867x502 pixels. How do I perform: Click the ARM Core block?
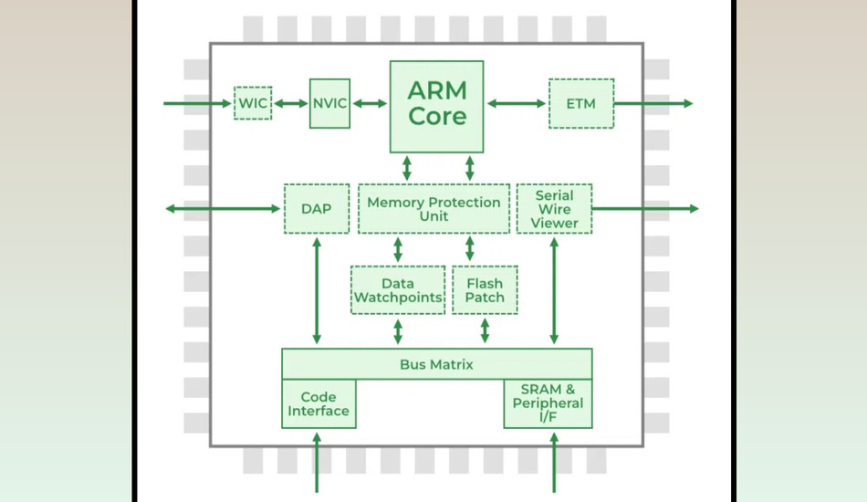coord(436,105)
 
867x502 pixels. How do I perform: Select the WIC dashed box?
coord(253,103)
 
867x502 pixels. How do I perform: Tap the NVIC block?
coord(329,103)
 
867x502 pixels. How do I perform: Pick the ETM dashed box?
coord(580,103)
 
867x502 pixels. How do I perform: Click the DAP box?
coord(316,209)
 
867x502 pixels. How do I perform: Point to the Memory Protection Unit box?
coord(433,209)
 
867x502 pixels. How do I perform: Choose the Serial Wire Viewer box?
coord(554,209)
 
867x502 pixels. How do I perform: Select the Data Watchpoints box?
coord(398,290)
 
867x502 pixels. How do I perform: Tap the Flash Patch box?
coord(485,290)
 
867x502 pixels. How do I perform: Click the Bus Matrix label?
coord(436,364)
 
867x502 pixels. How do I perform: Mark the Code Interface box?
coord(319,403)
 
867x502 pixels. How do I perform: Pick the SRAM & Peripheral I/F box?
coord(548,403)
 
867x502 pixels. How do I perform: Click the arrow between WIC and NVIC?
coord(291,103)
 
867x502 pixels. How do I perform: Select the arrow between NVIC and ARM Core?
coord(370,103)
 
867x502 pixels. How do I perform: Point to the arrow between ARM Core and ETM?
coord(516,103)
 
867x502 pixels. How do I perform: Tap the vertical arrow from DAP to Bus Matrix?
coord(317,290)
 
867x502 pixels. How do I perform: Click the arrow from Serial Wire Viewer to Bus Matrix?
coord(554,290)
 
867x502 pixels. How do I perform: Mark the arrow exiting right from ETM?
coord(653,103)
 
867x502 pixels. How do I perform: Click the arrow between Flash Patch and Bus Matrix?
coord(485,330)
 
